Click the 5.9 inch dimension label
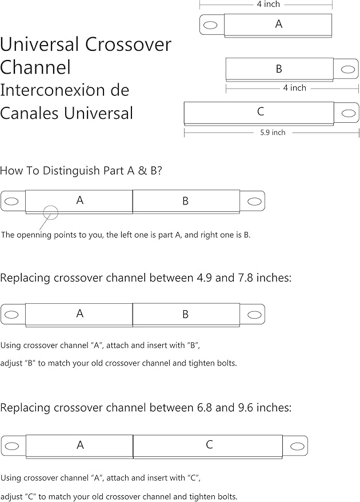point(273,132)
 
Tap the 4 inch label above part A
point(269,4)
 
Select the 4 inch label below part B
point(294,88)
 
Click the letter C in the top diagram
point(261,111)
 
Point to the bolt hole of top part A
point(210,25)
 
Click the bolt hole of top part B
point(348,69)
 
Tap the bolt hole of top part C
point(348,113)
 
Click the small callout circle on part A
point(51,212)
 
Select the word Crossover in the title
point(128,44)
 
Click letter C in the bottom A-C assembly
point(209,444)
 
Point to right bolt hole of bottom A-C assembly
point(297,446)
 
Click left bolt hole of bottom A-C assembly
point(12,445)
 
